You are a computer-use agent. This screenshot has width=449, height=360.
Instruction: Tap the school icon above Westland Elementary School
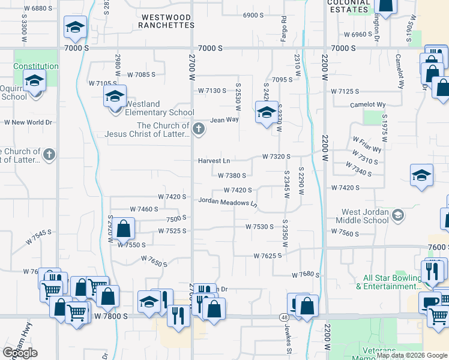(114, 95)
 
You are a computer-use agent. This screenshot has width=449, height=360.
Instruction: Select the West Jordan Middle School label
(365, 216)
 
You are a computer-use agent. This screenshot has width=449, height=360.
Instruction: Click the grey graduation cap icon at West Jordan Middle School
(397, 215)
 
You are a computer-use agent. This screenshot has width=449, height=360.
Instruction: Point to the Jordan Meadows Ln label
(228, 203)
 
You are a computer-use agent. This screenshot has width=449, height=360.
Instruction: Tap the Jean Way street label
(224, 120)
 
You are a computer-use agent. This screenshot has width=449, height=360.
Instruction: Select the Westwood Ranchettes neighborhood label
(165, 21)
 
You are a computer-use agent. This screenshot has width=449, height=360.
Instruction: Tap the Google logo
(20, 353)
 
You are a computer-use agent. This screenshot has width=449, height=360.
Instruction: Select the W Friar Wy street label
(367, 145)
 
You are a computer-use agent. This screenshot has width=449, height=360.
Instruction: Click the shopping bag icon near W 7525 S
(124, 228)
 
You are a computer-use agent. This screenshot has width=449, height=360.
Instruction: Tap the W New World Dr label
(28, 122)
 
